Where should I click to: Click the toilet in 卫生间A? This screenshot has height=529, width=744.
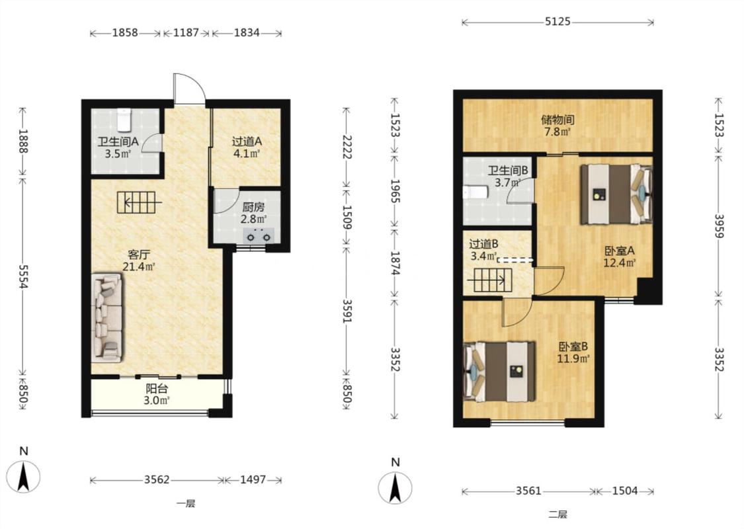(124, 120)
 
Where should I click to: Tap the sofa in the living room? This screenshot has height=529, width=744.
(106, 317)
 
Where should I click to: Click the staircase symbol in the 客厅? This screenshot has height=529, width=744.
(139, 202)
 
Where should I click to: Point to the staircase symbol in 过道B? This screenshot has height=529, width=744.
(489, 280)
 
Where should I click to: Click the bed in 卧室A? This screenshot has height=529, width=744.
(616, 194)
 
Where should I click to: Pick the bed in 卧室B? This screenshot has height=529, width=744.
(499, 372)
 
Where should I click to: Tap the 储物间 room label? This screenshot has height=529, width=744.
(558, 120)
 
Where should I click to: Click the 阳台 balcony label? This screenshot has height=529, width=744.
(157, 389)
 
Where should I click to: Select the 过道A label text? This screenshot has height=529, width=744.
(247, 142)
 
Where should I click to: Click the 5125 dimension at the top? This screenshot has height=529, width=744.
(558, 21)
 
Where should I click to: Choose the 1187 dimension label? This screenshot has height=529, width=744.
(186, 33)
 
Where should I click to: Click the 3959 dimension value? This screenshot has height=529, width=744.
(720, 227)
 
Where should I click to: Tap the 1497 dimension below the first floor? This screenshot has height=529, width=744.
(253, 479)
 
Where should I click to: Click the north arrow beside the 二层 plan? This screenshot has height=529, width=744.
(395, 487)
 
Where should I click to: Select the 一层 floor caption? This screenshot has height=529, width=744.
(186, 503)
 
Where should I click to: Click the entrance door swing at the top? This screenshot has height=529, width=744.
(189, 89)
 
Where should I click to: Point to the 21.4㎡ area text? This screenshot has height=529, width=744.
(139, 266)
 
